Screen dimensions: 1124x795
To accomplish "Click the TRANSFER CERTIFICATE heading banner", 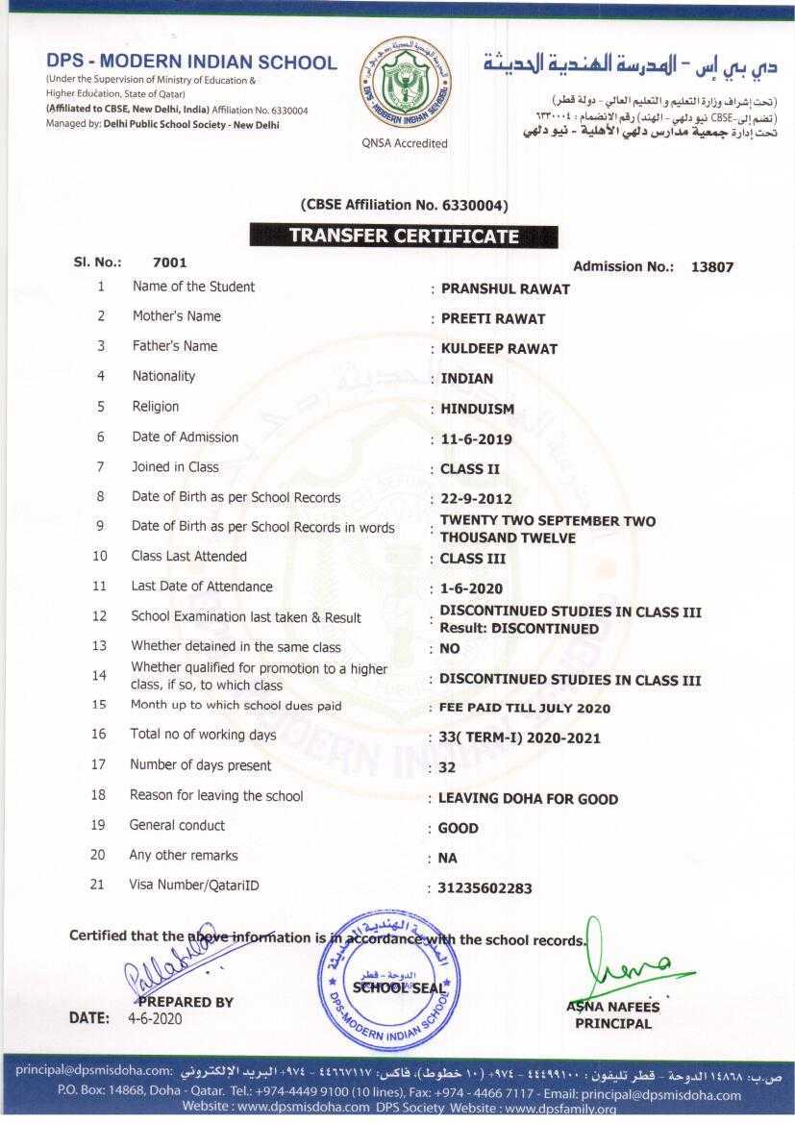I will click(404, 236).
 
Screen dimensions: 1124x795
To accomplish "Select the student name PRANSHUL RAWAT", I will click(505, 288).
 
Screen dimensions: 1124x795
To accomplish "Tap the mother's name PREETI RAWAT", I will click(492, 318).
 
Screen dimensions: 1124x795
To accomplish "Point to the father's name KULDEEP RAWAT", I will click(498, 348).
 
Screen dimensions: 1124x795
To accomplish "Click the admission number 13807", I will click(711, 267).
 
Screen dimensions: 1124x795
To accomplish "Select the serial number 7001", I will click(169, 262).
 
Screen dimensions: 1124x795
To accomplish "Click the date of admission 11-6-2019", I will click(476, 439).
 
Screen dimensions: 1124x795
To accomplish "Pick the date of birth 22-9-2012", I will click(476, 499).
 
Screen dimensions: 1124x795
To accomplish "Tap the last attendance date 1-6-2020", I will click(471, 588).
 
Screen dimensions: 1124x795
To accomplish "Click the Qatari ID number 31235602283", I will click(484, 888).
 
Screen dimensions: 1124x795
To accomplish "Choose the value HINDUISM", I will click(477, 409).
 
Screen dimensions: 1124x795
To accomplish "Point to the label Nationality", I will click(163, 376).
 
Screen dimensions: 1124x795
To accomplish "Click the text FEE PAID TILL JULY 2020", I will click(524, 709).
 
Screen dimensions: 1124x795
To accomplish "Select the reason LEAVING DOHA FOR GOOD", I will click(528, 799).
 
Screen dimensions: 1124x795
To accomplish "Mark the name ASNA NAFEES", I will click(612, 1007).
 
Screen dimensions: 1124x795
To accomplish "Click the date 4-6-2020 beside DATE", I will click(154, 1018).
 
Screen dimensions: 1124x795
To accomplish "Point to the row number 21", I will click(97, 885).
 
